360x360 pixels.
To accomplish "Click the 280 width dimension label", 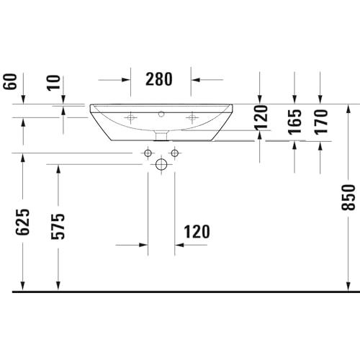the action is tap(159, 79).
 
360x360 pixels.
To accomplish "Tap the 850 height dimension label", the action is tap(348, 197).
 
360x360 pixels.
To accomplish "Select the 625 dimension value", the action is tap(22, 222).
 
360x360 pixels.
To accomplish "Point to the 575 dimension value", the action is tap(58, 226).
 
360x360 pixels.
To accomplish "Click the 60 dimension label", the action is tap(10, 81).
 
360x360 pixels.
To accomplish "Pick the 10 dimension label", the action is tap(53, 83).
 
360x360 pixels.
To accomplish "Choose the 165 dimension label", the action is tap(294, 122).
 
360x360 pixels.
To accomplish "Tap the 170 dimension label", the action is tap(321, 122).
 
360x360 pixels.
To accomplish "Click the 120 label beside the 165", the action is tap(261, 117).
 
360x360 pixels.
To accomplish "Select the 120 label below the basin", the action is tap(197, 232).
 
